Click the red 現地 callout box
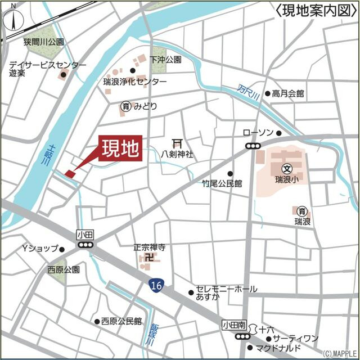120,149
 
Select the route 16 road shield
156,286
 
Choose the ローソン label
258,133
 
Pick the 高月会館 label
288,93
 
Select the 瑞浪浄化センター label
135,82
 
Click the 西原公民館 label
121,321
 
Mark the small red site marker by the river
70,174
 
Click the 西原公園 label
64,269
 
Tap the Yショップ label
40,249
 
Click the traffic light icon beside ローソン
253,145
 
